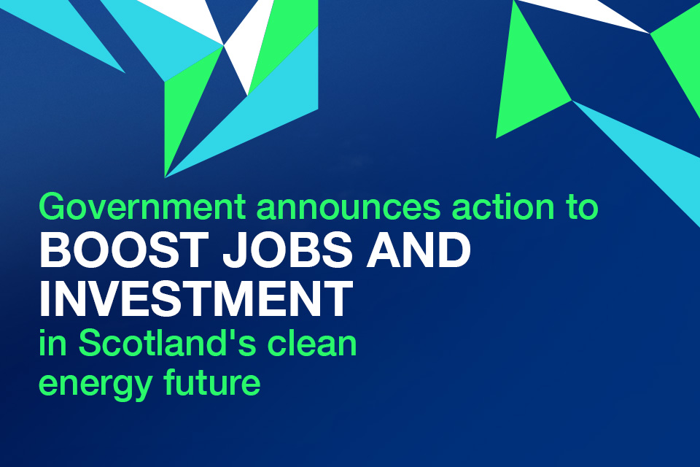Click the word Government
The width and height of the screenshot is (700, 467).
click(x=142, y=207)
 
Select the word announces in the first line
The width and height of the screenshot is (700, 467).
click(x=349, y=207)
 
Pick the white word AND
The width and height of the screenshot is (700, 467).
click(x=419, y=251)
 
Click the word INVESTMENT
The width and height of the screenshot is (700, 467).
click(x=196, y=298)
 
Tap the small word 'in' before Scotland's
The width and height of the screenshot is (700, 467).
click(x=52, y=343)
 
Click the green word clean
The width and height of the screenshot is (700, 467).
click(x=312, y=343)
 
